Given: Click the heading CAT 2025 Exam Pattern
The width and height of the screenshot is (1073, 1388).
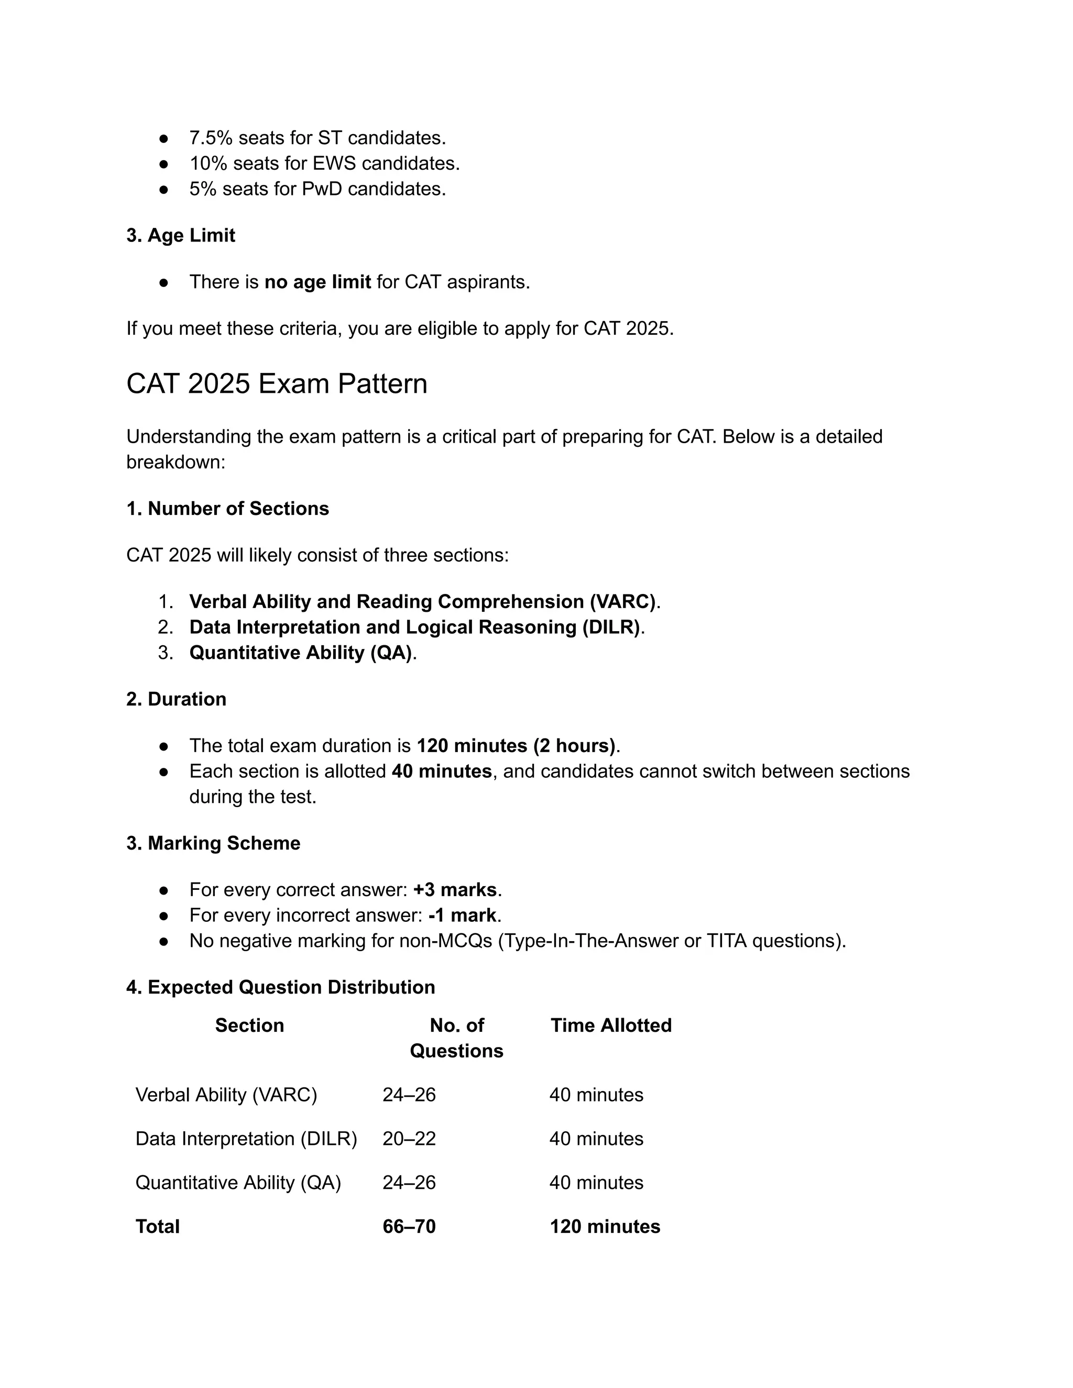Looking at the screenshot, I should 277,384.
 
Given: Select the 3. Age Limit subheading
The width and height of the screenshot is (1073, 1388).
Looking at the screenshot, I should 181,235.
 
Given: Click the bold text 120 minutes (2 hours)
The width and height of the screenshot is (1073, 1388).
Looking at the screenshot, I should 516,745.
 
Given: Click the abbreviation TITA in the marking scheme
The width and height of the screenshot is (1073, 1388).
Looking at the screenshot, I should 727,941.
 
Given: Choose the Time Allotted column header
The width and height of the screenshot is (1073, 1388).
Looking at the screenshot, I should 610,1025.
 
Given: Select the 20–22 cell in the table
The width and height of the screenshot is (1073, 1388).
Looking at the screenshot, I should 409,1138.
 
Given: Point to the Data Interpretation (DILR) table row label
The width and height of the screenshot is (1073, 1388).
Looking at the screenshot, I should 246,1138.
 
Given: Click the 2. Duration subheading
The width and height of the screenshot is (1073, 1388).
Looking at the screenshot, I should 176,699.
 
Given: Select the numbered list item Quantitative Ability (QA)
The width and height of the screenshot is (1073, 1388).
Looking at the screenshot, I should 300,653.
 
